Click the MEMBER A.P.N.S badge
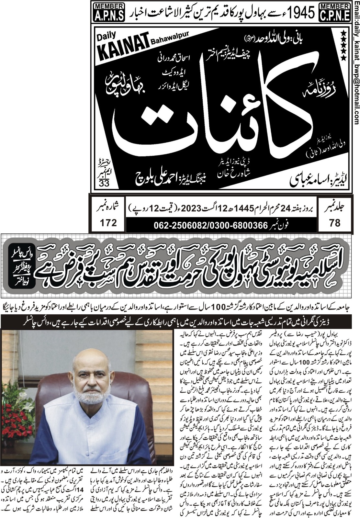pyautogui.click(x=109, y=12)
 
